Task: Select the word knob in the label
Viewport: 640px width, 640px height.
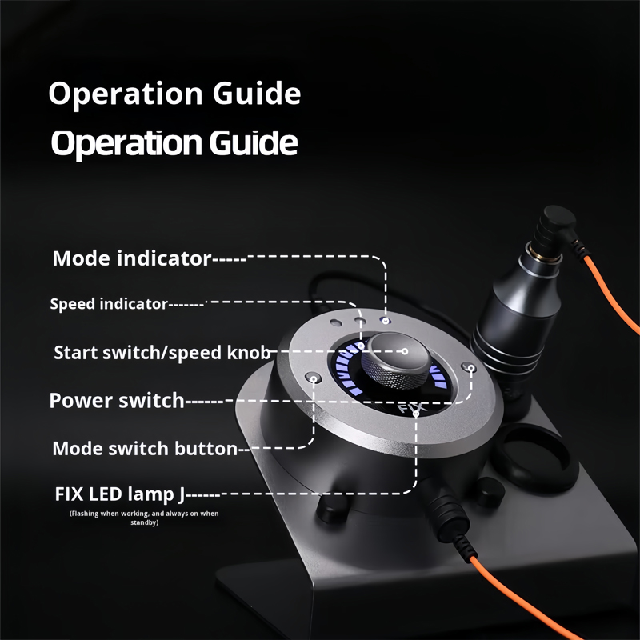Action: pyautogui.click(x=249, y=353)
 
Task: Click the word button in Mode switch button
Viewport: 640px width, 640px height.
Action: pyautogui.click(x=206, y=449)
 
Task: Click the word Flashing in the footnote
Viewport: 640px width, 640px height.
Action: pyautogui.click(x=84, y=514)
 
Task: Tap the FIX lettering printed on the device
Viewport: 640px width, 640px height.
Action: pyautogui.click(x=411, y=408)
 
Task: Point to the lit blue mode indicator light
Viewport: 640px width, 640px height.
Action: pyautogui.click(x=386, y=321)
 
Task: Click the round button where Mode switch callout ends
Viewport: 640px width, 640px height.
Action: pyautogui.click(x=313, y=378)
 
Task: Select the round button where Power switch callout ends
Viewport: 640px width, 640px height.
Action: pyautogui.click(x=469, y=367)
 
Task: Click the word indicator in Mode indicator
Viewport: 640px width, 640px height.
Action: pyautogui.click(x=164, y=258)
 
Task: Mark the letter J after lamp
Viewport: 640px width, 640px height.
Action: pyautogui.click(x=182, y=495)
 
